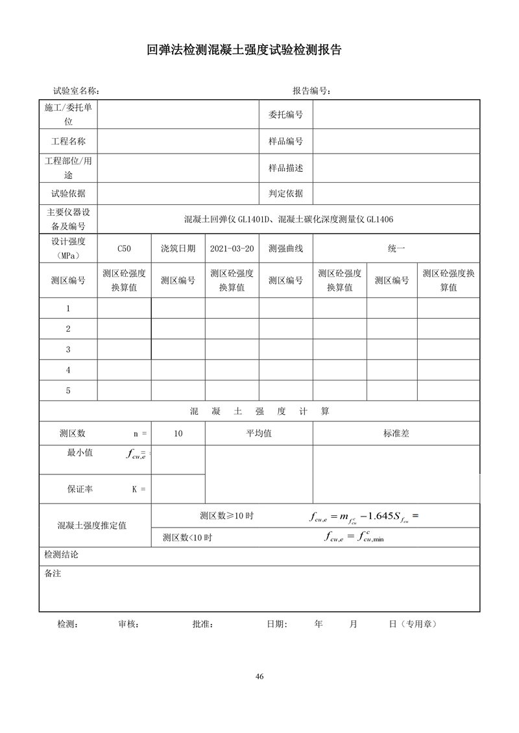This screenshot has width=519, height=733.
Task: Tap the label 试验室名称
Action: (76, 91)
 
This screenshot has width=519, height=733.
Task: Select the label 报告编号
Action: (311, 91)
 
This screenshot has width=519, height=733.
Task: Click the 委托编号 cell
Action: (285, 115)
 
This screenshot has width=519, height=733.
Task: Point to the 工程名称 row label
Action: (68, 141)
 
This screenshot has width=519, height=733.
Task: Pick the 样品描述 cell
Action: (285, 168)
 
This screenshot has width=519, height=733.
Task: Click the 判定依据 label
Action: (285, 193)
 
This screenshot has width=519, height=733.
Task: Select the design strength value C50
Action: (124, 248)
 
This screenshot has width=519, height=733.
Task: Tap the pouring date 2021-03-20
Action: (232, 248)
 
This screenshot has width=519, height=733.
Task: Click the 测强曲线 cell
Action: (285, 248)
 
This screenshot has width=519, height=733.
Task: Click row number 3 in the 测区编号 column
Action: (68, 349)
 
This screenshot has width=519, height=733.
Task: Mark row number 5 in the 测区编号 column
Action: (68, 391)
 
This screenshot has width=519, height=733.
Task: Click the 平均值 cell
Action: (258, 433)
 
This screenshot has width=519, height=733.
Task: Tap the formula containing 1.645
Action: (365, 517)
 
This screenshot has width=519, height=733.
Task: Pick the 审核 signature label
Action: (128, 624)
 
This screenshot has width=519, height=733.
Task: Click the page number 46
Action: (259, 677)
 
